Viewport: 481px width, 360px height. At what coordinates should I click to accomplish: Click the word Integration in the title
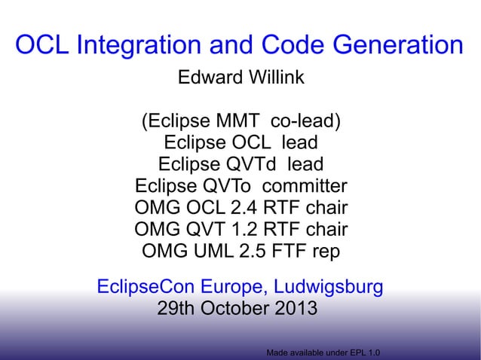click(x=141, y=45)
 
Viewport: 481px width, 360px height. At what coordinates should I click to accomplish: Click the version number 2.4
click(x=260, y=207)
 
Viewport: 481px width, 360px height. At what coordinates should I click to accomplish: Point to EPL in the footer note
click(x=354, y=352)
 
